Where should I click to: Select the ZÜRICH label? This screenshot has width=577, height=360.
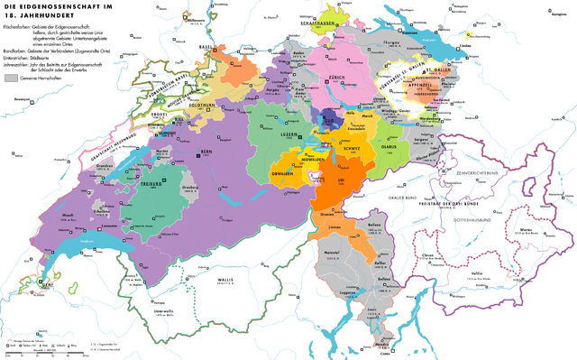pyautogui.click(x=327, y=78)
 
